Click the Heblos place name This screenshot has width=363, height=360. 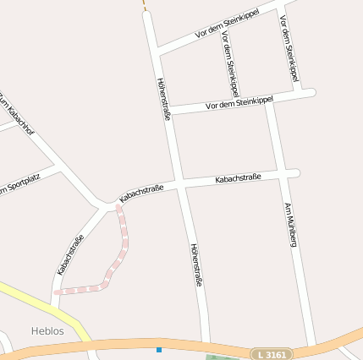tap(47, 331)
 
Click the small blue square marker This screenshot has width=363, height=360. tap(158, 349)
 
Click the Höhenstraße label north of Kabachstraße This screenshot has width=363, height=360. tap(163, 98)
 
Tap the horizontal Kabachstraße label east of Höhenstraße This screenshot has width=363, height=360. tap(238, 178)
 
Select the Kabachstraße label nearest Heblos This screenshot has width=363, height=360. tap(71, 254)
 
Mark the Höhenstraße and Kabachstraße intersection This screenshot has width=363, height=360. tap(180, 184)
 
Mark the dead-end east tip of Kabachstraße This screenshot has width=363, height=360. tap(296, 173)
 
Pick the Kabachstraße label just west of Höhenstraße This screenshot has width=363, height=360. tap(141, 193)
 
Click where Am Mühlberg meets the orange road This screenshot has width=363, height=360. tap(314, 346)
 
